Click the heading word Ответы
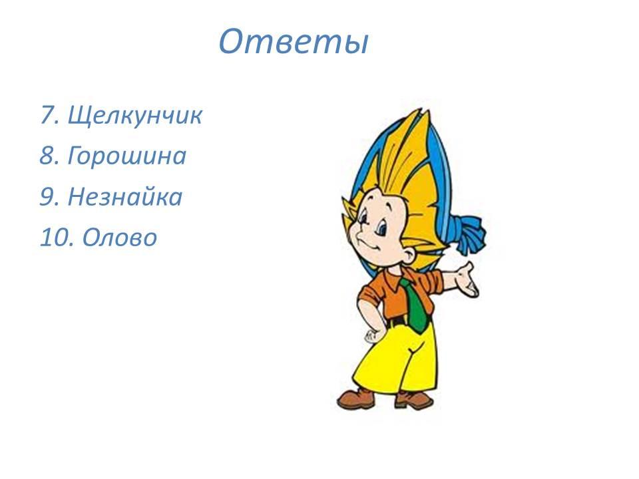click(x=294, y=41)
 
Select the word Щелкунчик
click(x=135, y=115)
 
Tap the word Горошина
click(x=127, y=156)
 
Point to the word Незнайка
click(x=125, y=197)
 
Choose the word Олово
click(x=120, y=238)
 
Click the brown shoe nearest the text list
click(x=355, y=399)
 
